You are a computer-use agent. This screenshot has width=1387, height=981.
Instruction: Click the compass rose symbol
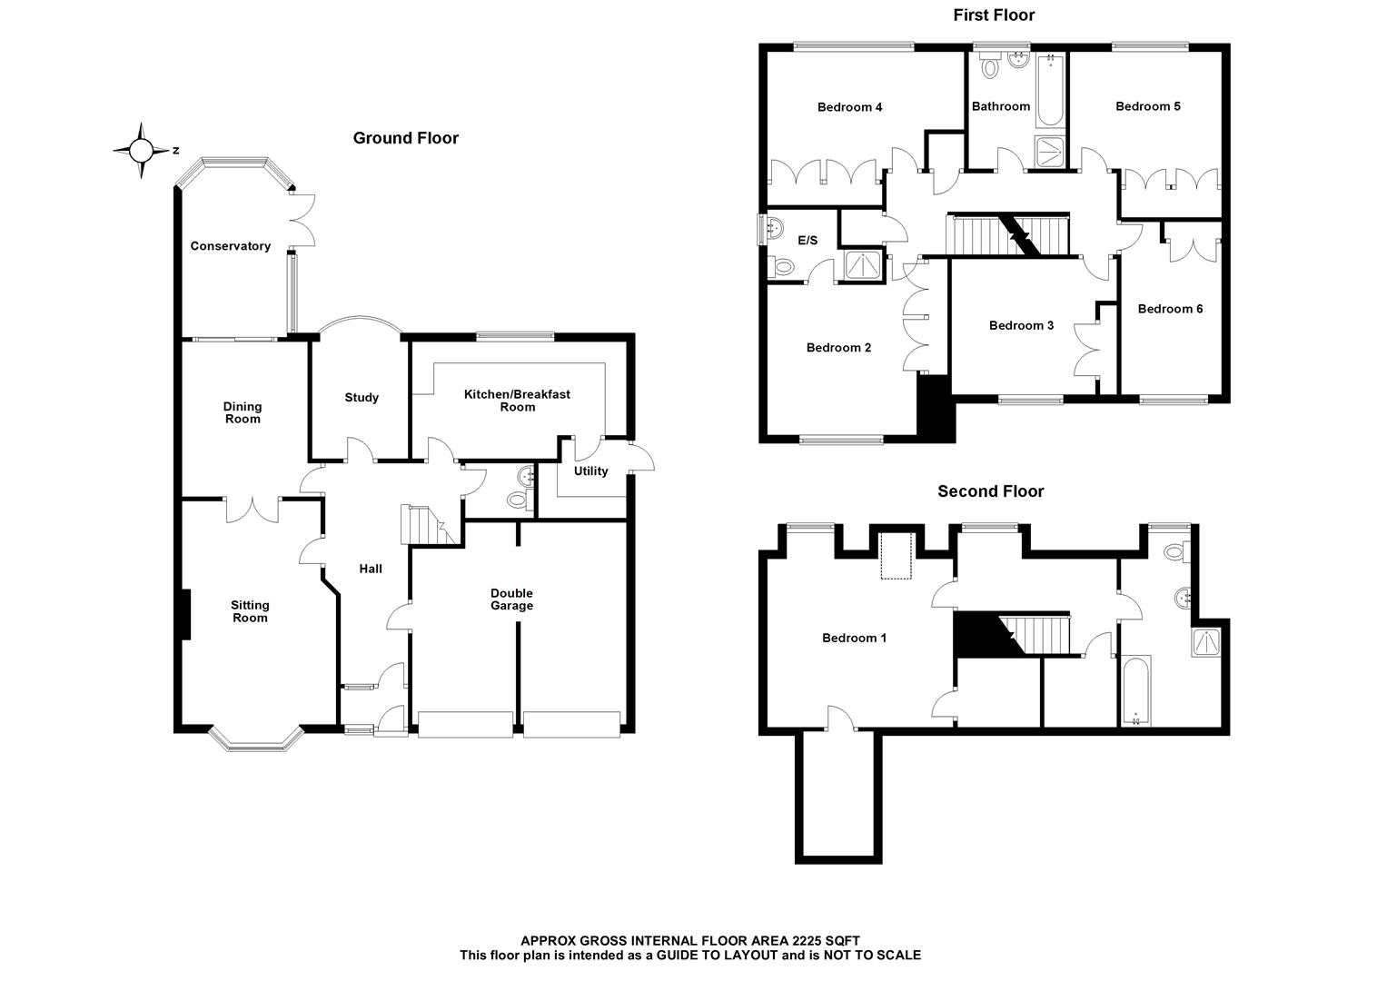click(142, 150)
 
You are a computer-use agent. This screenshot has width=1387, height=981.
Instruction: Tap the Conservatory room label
click(230, 246)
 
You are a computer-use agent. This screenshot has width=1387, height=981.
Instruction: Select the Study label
click(362, 398)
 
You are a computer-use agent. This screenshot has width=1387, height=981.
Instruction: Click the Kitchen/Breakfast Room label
click(517, 401)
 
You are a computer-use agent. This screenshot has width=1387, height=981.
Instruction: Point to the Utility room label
click(590, 471)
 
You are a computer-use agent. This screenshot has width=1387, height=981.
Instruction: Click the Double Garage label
click(511, 599)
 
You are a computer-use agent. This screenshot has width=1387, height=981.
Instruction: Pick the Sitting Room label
click(250, 611)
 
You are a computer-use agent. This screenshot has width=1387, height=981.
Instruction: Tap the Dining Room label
click(243, 412)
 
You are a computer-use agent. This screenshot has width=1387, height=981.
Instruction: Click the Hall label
click(370, 570)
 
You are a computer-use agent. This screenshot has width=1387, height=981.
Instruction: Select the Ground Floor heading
click(405, 138)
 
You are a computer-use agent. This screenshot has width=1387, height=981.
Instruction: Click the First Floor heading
click(994, 15)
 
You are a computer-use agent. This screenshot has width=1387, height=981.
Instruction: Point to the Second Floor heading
click(990, 491)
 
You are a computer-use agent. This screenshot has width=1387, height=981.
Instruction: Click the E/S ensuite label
click(807, 241)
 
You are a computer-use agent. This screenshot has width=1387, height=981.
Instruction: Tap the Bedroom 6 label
click(1170, 309)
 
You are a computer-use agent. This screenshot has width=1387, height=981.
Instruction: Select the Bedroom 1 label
click(854, 638)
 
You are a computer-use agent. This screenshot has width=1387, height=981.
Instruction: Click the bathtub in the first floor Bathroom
click(1051, 91)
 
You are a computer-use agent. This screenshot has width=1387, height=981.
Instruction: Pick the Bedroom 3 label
click(1021, 325)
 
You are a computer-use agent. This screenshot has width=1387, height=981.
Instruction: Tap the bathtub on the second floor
click(1135, 689)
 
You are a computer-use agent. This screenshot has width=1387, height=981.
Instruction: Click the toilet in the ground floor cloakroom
click(518, 498)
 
